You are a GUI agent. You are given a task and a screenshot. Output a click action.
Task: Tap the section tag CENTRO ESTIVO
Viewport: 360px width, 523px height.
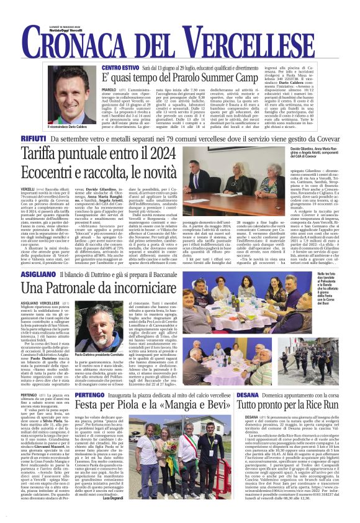(120, 66)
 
